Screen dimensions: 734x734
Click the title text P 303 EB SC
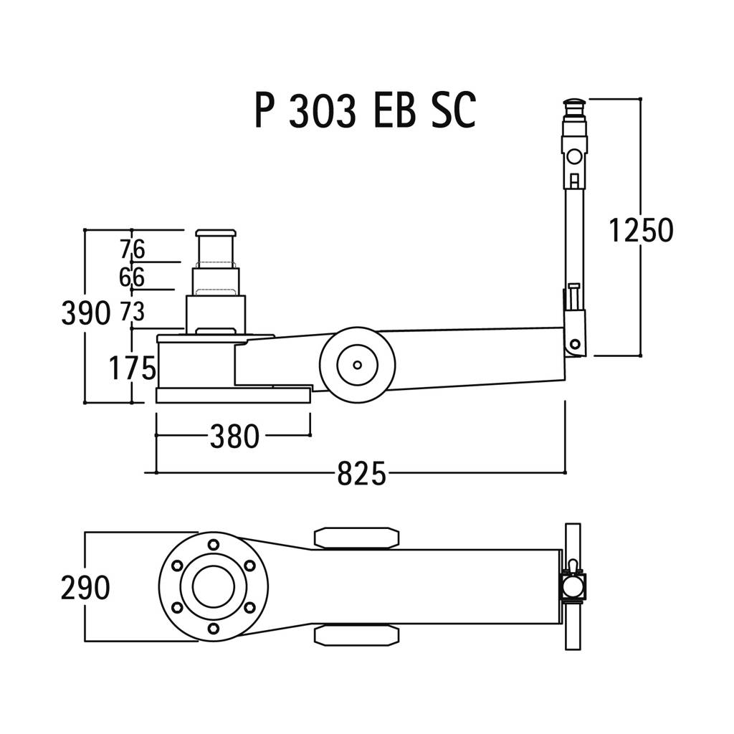pos(366,110)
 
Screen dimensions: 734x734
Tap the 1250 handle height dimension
pos(641,230)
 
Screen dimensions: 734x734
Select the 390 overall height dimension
pos(86,313)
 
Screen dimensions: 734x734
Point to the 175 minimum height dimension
pos(132,368)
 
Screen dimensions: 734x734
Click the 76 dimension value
pos(133,249)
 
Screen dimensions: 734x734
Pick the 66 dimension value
pos(132,277)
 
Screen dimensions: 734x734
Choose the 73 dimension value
pos(133,311)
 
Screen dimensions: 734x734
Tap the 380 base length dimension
pos(234,437)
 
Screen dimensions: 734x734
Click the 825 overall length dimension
pos(361,474)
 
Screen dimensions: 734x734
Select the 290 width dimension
pos(86,588)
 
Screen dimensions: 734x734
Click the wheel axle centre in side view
pos(357,365)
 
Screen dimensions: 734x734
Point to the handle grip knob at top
pos(576,105)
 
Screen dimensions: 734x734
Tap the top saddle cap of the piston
pos(216,233)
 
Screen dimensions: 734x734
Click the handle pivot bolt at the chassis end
pos(576,345)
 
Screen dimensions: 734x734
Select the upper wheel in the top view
pos(357,538)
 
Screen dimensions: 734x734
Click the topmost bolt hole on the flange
pos(214,545)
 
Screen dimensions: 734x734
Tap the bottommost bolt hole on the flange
pos(214,628)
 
